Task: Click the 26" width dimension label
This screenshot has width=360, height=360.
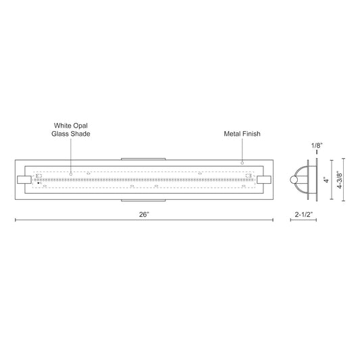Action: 143,213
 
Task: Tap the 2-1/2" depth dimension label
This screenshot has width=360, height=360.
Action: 304,213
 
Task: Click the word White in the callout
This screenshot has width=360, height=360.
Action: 64,126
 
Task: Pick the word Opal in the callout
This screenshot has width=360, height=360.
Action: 82,126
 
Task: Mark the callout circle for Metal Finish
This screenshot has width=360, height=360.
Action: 242,162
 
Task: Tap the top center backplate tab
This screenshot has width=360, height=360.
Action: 143,158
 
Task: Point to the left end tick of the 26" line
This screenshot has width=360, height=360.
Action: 15,222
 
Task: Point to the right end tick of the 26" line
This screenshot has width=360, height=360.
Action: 270,222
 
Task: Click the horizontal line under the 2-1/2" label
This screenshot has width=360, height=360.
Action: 303,222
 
